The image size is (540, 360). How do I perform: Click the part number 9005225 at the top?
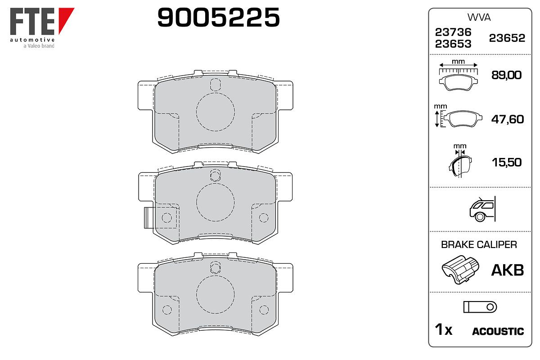pyautogui.click(x=218, y=17)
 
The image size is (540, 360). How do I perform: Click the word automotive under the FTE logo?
pyautogui.click(x=32, y=40)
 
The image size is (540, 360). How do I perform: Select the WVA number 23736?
pyautogui.click(x=453, y=32)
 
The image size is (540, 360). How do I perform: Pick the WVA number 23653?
pyautogui.click(x=453, y=44)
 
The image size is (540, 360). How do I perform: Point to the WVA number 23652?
pyautogui.click(x=507, y=38)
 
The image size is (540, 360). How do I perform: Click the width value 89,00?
pyautogui.click(x=507, y=75)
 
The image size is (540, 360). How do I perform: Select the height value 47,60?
pyautogui.click(x=508, y=119)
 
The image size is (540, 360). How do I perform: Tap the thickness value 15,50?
pyautogui.click(x=507, y=162)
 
